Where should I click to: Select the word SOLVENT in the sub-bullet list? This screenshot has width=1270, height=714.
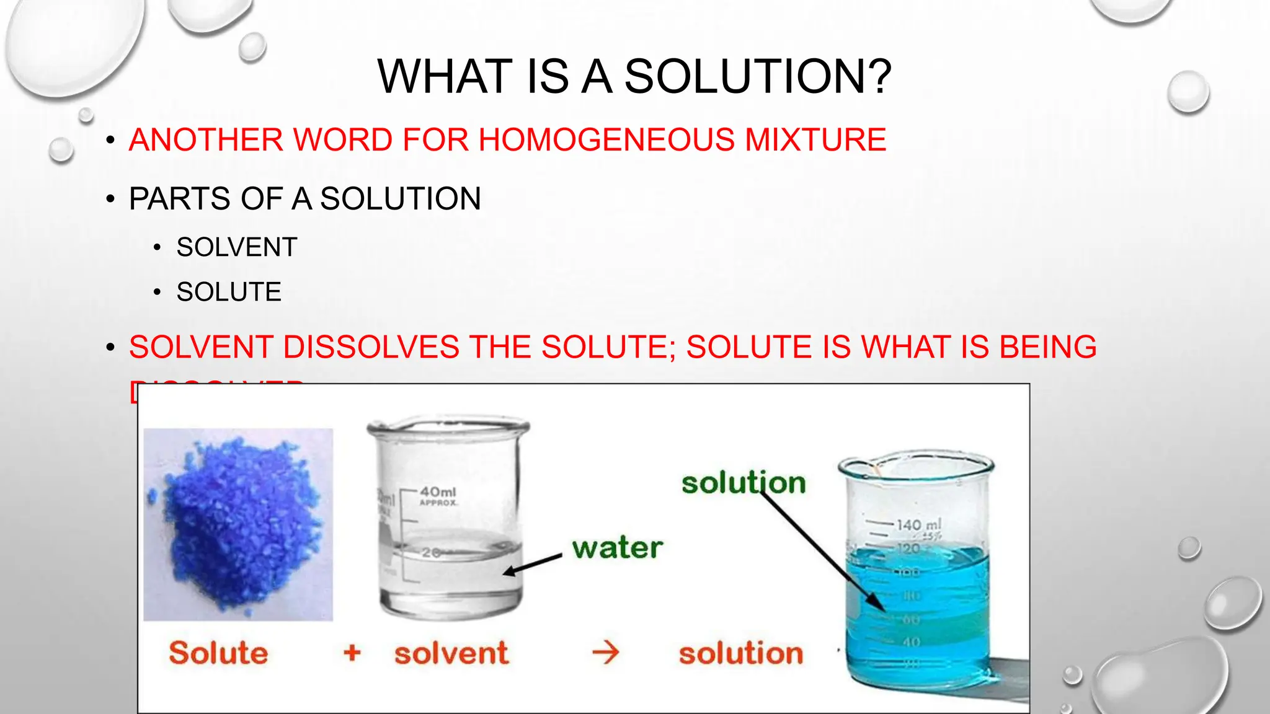pyautogui.click(x=237, y=247)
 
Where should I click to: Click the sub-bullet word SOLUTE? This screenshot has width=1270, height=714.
pyautogui.click(x=229, y=292)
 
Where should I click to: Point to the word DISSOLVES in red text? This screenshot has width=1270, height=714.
pyautogui.click(x=371, y=347)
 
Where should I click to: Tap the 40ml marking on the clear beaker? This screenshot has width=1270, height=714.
pyautogui.click(x=438, y=492)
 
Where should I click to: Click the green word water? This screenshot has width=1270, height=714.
pyautogui.click(x=617, y=548)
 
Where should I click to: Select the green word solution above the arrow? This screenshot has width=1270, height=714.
pyautogui.click(x=743, y=483)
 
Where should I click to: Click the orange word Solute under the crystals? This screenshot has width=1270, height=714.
pyautogui.click(x=218, y=653)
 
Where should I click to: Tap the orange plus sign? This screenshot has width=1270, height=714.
pyautogui.click(x=352, y=652)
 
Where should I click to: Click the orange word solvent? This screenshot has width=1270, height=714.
pyautogui.click(x=451, y=653)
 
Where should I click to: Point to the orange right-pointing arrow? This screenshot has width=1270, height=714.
pyautogui.click(x=605, y=652)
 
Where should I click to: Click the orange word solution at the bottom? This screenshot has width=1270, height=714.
pyautogui.click(x=740, y=653)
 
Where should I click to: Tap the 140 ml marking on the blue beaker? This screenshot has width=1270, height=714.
pyautogui.click(x=918, y=525)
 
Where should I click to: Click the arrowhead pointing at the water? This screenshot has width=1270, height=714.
pyautogui.click(x=510, y=571)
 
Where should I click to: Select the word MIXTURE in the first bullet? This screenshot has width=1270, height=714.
pyautogui.click(x=815, y=139)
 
